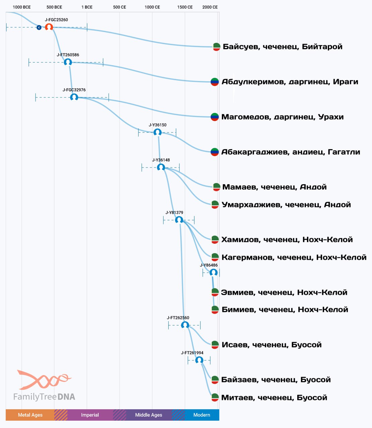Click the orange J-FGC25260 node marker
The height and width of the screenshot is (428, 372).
coord(49,27)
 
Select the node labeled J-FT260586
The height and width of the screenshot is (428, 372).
coord(68,62)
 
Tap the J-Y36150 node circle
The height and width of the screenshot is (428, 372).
coord(158,132)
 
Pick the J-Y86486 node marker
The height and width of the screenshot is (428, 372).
coord(213,273)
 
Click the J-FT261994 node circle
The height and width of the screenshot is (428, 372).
coord(199,360)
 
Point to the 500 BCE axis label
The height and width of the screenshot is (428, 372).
coord(54,7)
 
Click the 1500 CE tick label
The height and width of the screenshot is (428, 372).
coord(185,7)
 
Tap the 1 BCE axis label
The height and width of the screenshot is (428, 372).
coord(87,7)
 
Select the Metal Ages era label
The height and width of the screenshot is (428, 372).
coord(30,415)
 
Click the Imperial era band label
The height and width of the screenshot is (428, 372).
coord(90,415)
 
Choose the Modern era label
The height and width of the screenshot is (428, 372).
coord(202,415)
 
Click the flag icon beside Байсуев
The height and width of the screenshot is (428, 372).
coord(216,47)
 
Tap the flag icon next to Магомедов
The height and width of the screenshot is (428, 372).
coord(214,117)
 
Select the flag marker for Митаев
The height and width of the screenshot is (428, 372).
coord(215,397)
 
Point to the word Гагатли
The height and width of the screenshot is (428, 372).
coord(344,152)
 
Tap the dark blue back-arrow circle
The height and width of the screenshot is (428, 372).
coord(39,27)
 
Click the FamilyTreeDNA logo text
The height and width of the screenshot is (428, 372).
coord(44,397)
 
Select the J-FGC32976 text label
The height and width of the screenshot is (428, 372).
coord(74,90)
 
